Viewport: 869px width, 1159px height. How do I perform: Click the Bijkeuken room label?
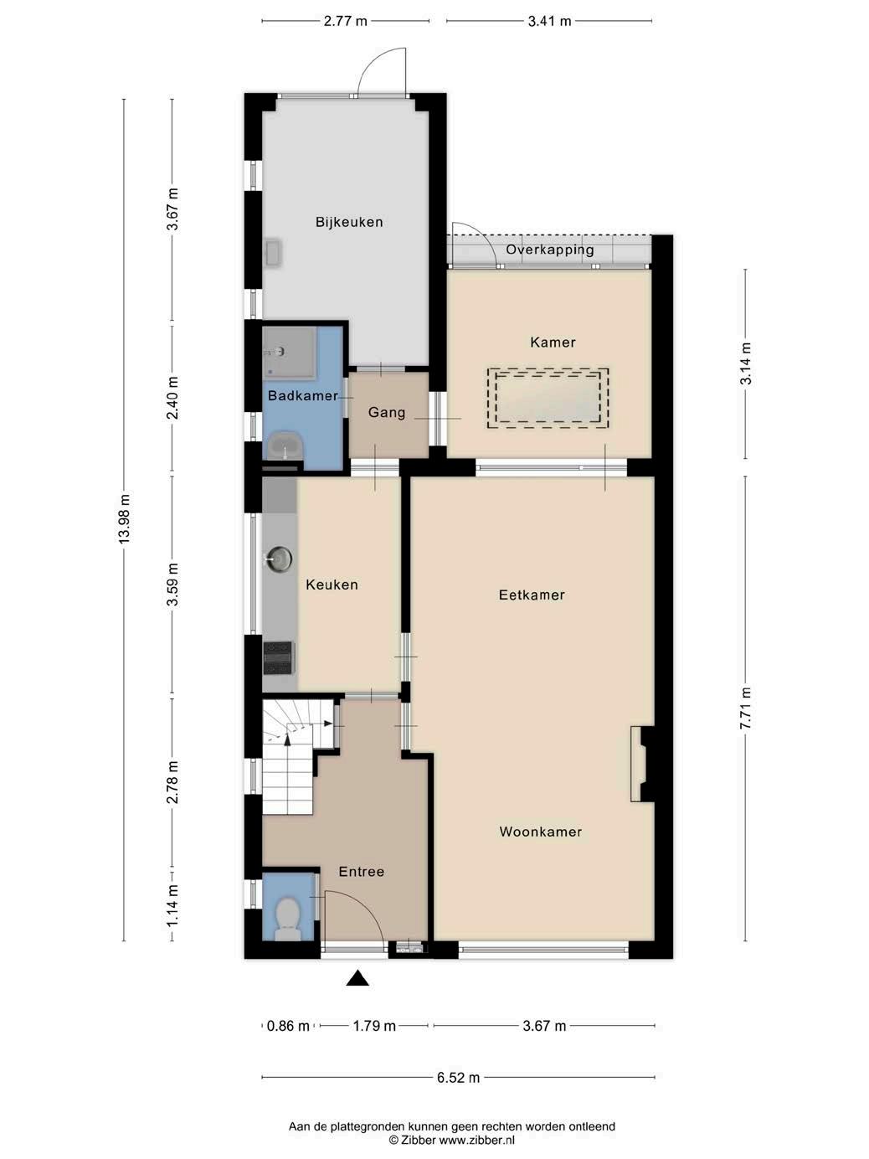(349, 222)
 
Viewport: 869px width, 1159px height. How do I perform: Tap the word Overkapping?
(550, 250)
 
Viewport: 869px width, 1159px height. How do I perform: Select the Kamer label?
(553, 343)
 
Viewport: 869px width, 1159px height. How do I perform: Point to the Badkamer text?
(303, 395)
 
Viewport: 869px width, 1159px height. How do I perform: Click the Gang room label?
(387, 412)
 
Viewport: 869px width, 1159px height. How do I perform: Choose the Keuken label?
(332, 585)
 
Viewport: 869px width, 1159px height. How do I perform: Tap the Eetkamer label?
(532, 595)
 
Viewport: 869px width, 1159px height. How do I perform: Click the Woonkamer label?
(540, 832)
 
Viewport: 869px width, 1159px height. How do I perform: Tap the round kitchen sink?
(279, 559)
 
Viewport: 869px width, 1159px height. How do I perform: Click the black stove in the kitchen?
(278, 658)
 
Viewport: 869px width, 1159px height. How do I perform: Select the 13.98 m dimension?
(124, 518)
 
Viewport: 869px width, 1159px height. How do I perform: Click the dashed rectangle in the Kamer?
(548, 398)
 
